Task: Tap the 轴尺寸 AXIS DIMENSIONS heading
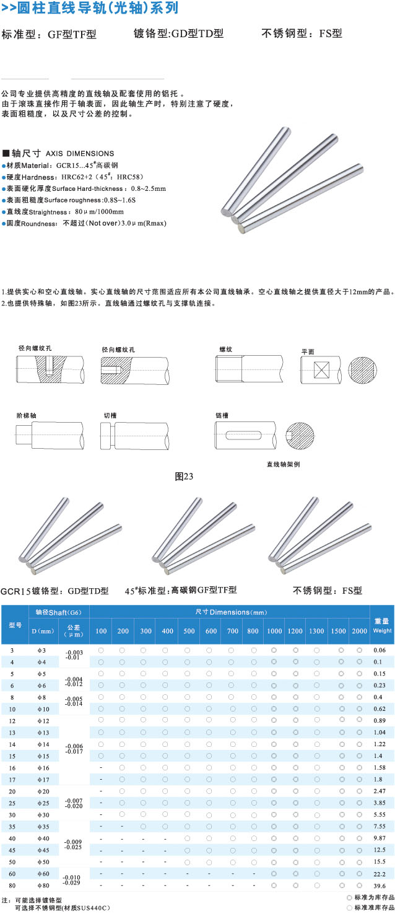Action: coord(59,153)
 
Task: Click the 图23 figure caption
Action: coord(184,477)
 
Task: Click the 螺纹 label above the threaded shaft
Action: coord(225,350)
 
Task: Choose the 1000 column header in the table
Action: coord(274,631)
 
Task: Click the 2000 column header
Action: coord(359,631)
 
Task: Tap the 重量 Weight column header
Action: coord(381,625)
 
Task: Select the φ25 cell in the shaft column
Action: coord(43,802)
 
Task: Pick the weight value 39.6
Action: coord(380,885)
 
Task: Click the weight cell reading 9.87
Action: coord(380,838)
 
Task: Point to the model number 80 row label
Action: coord(12,885)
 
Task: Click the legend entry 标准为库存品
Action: coord(370,897)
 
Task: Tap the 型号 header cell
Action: coord(15,625)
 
